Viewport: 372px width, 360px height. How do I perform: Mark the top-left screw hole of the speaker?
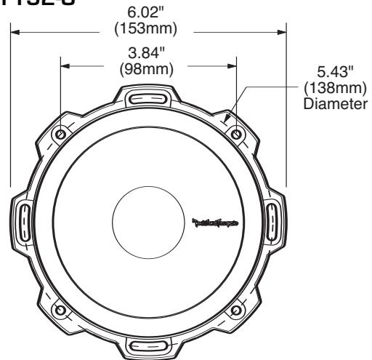pyautogui.click(x=59, y=135)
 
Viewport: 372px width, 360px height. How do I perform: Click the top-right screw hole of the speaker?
pyautogui.click(x=235, y=135)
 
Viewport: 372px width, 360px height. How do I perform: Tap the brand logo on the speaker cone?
pyautogui.click(x=217, y=222)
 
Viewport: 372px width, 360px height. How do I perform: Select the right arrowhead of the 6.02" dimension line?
pyautogui.click(x=283, y=31)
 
